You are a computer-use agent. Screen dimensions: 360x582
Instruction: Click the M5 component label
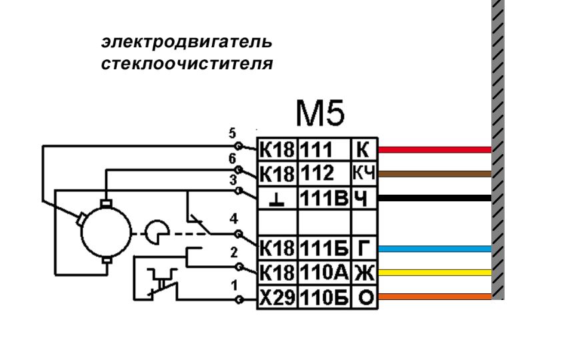click(x=321, y=117)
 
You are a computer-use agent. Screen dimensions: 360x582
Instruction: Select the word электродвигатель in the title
click(x=186, y=43)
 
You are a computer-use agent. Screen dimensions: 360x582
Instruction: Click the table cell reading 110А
click(x=323, y=272)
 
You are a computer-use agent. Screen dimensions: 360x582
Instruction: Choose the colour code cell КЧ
click(x=365, y=174)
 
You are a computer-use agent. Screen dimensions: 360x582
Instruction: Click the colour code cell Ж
click(x=365, y=272)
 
